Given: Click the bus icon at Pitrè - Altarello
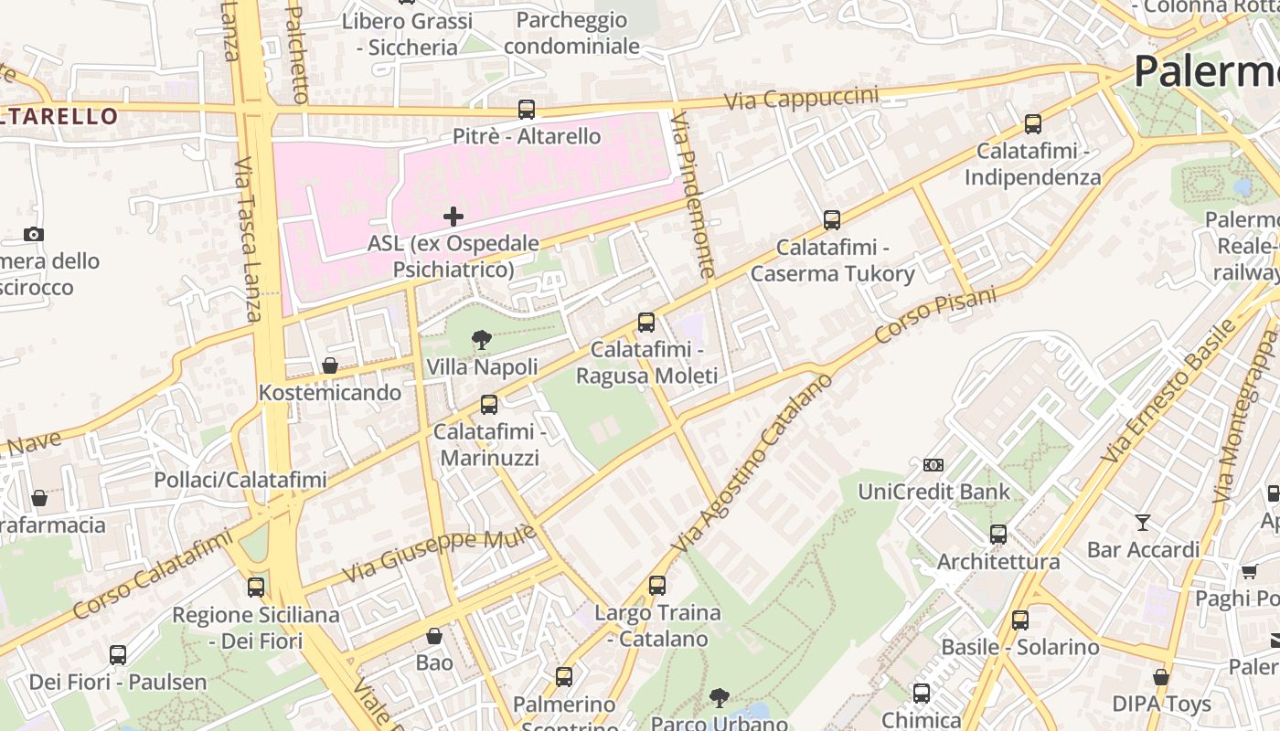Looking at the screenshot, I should [x=526, y=110].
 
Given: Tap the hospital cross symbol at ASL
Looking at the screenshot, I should [x=453, y=217].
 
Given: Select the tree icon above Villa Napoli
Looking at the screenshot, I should [x=481, y=341].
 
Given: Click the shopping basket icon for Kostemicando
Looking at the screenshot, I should [x=330, y=365].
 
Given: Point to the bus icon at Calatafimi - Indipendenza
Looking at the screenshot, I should [x=1032, y=124].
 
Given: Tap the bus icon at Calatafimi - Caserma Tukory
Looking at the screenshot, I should [x=831, y=220].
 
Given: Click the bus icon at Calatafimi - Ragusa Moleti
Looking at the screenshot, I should [x=645, y=323].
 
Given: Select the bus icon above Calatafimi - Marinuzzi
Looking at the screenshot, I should [x=489, y=405].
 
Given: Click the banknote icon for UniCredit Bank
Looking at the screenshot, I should [x=933, y=465].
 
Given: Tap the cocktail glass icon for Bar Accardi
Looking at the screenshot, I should [x=1143, y=523].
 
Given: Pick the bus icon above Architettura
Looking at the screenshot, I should [x=998, y=535].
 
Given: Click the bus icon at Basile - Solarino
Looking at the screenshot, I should [x=1019, y=620].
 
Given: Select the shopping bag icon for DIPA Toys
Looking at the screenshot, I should [x=1160, y=677].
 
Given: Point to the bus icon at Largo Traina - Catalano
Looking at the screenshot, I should [x=656, y=586].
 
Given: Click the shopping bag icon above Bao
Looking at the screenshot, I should [x=434, y=636].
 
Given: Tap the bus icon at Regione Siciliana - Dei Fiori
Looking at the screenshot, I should [x=256, y=588].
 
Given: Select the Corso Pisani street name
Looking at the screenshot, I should [x=934, y=315].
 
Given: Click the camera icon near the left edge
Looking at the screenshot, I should [x=34, y=235].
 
